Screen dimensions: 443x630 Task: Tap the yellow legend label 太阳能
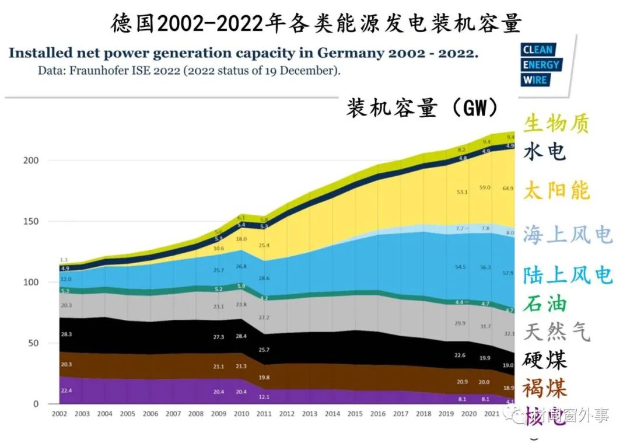coord(556,191)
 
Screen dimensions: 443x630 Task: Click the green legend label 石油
coord(545,304)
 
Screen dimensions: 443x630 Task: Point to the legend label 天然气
coord(556,331)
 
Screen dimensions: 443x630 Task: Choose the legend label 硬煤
coord(545,360)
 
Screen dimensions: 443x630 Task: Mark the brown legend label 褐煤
coord(545,387)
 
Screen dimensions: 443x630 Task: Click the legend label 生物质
coord(556,124)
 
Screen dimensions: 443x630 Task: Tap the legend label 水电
coord(545,151)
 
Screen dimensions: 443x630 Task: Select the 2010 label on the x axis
coord(240,414)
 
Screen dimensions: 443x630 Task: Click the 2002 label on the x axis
coord(59,414)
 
